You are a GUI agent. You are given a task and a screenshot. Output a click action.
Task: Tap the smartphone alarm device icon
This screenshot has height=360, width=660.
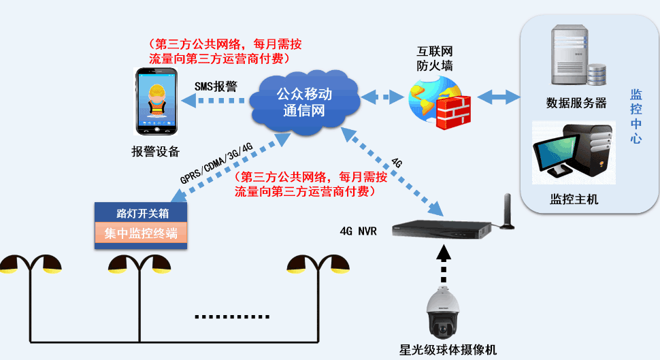point(157,102)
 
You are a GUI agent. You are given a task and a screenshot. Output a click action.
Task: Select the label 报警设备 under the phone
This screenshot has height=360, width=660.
point(156,152)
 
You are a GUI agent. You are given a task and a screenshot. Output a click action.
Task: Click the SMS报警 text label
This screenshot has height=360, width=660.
point(216,86)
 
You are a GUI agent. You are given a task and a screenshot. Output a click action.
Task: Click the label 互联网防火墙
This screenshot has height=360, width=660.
point(435,59)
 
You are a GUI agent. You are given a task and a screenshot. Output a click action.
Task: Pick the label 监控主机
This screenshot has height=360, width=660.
point(574,199)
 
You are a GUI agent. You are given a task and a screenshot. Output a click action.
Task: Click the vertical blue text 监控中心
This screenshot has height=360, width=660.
point(636,116)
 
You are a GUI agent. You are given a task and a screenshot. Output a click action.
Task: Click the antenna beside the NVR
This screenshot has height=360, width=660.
point(507,212)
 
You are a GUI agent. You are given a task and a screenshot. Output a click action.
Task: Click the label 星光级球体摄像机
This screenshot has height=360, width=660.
point(448,350)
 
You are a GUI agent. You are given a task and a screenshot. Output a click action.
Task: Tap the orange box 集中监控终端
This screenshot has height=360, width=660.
point(141,233)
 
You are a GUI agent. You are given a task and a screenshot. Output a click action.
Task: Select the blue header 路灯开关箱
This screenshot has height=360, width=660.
point(141,212)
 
